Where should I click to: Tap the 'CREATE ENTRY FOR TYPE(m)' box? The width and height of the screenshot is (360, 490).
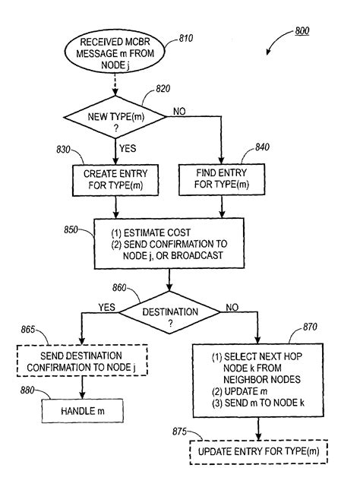(115, 178)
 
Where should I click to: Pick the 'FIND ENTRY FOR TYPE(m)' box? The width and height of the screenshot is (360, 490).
(221, 178)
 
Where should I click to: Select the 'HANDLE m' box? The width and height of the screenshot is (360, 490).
(81, 411)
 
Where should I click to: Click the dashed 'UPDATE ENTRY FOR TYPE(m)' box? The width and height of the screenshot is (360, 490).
(259, 451)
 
